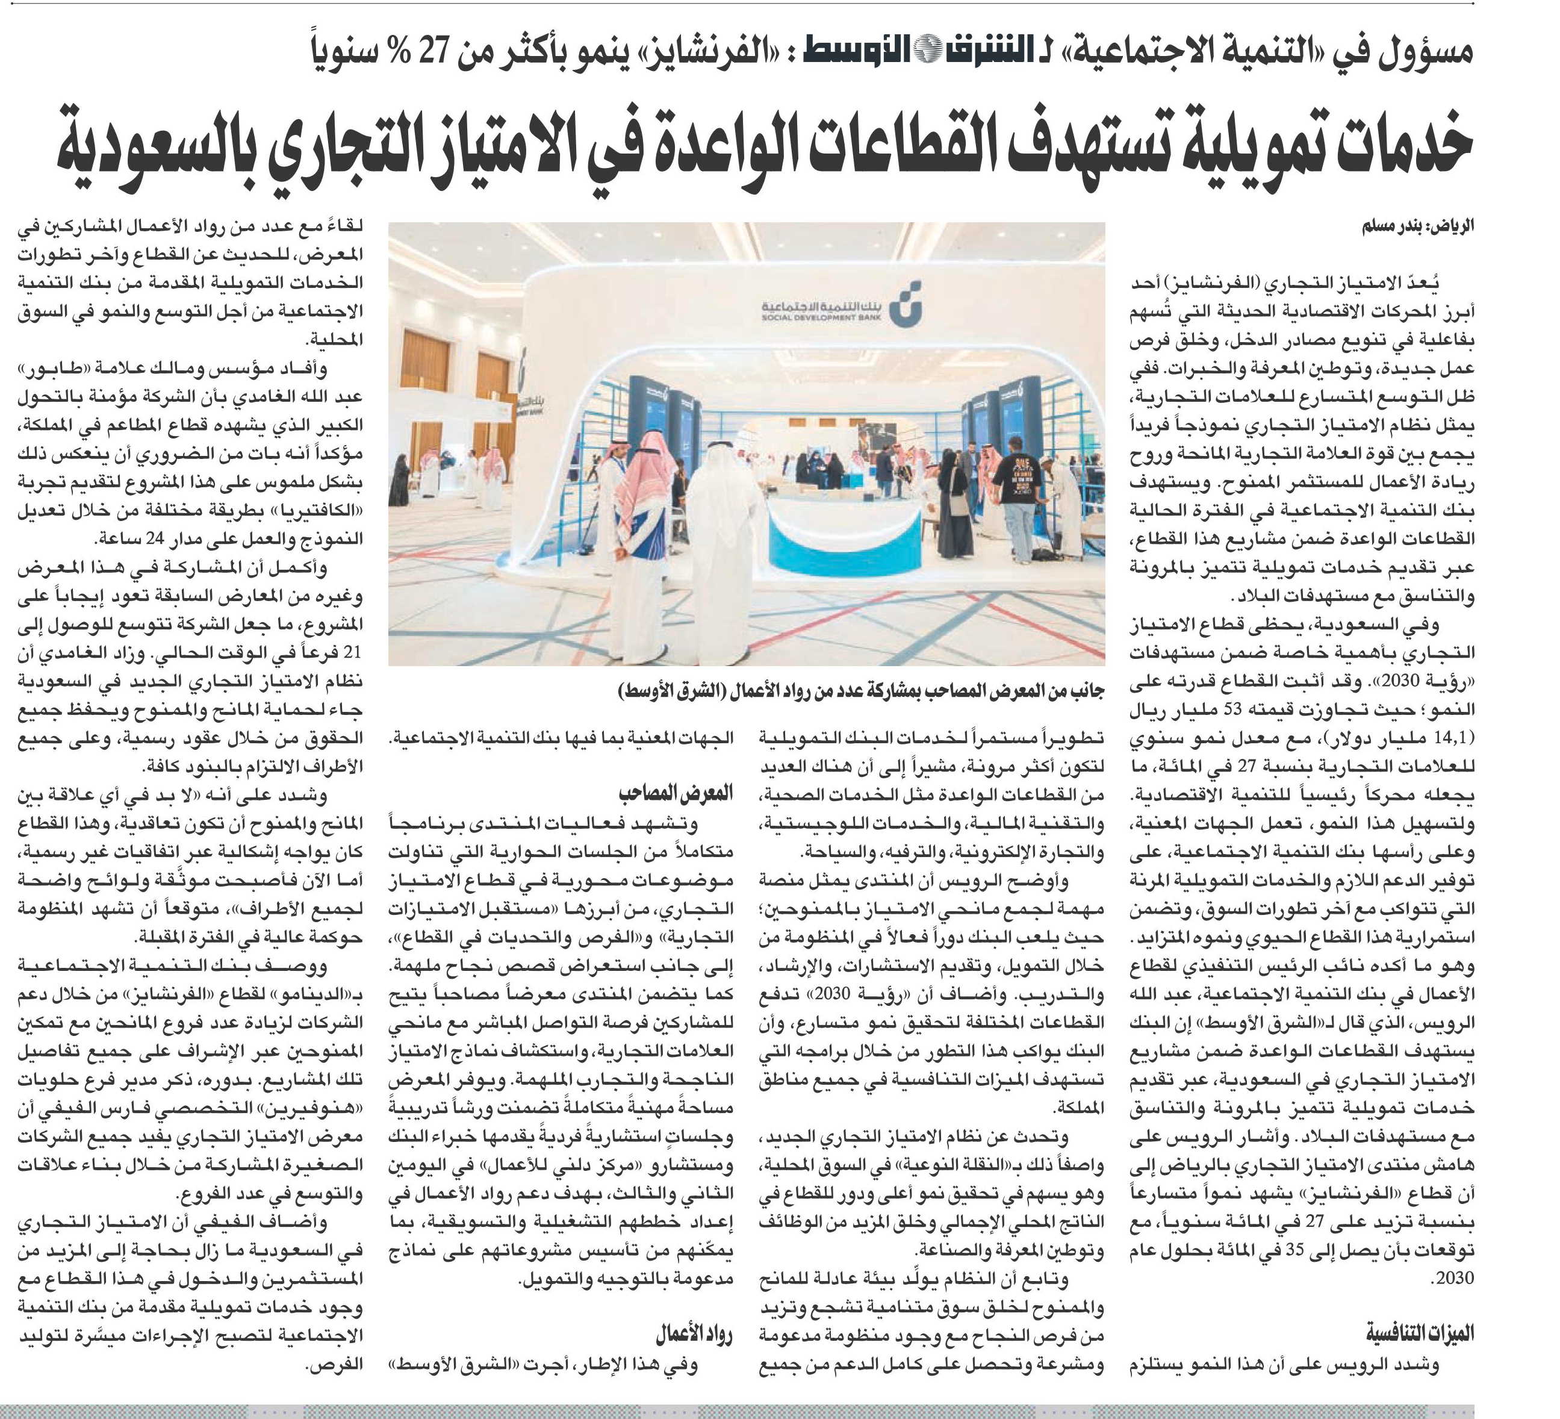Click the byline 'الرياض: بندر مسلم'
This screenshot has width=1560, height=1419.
coord(1418,228)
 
